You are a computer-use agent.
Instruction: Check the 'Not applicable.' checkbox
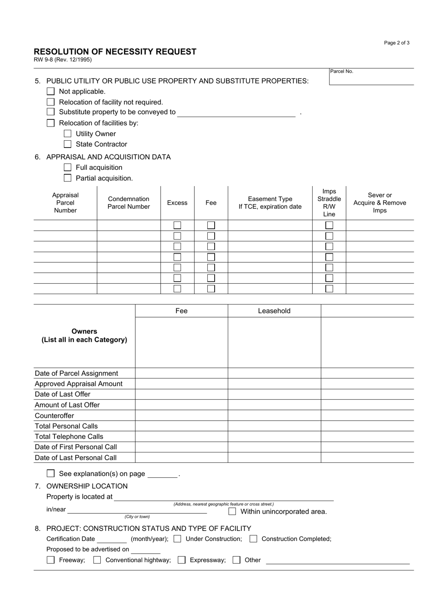point(51,91)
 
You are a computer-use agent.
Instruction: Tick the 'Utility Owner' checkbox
point(68,133)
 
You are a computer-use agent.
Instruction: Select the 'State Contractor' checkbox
point(68,144)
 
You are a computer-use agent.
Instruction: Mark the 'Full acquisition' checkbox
point(68,167)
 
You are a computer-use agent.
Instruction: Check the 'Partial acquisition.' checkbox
point(68,178)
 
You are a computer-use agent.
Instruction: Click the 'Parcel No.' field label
point(342,71)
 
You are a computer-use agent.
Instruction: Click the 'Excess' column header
point(177,203)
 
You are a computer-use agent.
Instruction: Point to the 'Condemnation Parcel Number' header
point(128,203)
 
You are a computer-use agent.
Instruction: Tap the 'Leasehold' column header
point(274,311)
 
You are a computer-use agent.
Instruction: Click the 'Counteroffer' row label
point(54,416)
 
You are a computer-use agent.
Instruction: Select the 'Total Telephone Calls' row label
point(69,437)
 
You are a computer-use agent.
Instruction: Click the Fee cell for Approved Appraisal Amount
point(181,384)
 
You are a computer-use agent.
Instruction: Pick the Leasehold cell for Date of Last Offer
point(274,394)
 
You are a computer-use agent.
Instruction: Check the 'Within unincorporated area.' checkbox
point(232,511)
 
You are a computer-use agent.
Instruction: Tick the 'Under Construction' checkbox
point(177,539)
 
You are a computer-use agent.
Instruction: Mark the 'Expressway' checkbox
point(181,560)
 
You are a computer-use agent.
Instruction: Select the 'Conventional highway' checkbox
point(97,560)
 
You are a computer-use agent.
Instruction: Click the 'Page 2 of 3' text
point(397,43)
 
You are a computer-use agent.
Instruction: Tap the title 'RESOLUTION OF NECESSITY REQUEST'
point(115,52)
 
